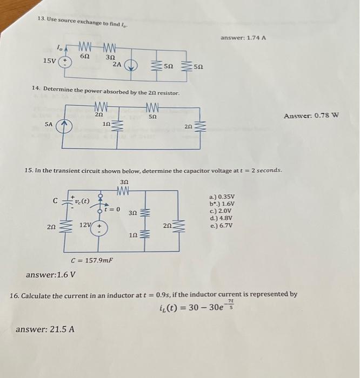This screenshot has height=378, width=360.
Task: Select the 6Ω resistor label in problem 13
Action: [84, 56]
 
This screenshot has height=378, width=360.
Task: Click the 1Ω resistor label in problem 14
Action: [107, 124]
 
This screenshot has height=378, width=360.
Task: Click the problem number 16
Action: [16, 295]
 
